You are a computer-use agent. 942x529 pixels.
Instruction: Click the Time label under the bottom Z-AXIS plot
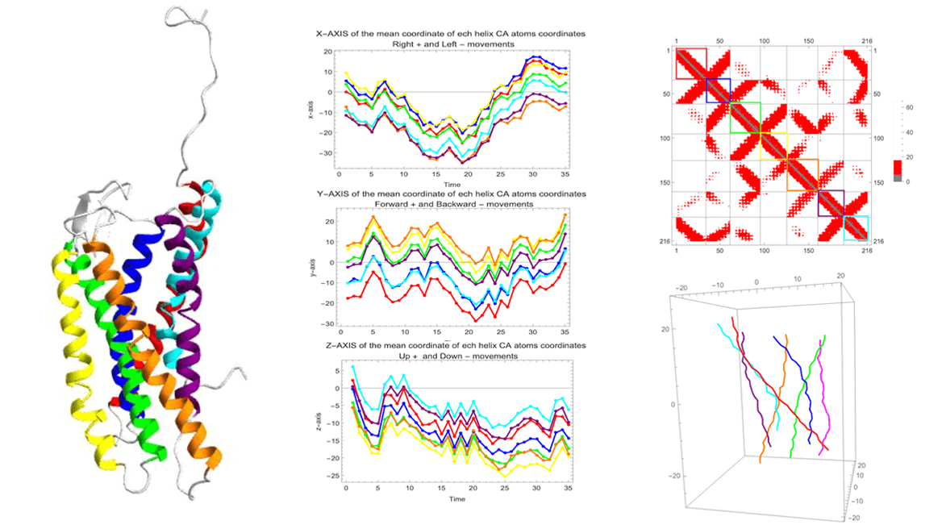(456, 498)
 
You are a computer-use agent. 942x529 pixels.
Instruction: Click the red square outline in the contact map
(690, 63)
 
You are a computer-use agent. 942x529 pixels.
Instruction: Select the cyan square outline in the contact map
(856, 228)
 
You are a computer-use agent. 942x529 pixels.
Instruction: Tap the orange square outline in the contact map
(802, 174)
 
